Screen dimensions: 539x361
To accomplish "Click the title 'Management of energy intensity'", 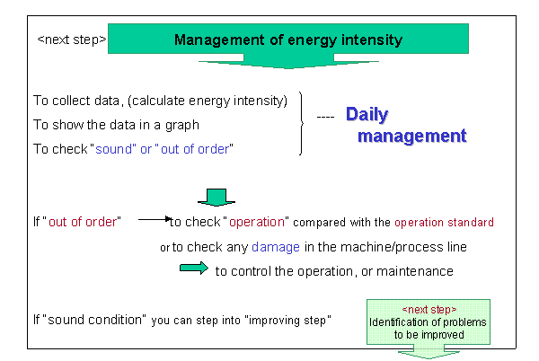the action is point(288,40).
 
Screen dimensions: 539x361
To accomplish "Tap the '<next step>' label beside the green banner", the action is point(72,40).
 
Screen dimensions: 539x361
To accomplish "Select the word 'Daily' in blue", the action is point(367,115).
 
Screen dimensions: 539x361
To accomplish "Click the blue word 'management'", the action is point(411,136).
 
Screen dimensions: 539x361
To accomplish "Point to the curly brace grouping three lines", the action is point(302,123).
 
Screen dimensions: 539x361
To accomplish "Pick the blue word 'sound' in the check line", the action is point(113,149).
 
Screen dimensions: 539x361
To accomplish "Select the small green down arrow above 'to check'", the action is point(216,198).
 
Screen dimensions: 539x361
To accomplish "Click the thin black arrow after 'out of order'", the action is point(155,219).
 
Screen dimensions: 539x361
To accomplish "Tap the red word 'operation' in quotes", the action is point(257,222).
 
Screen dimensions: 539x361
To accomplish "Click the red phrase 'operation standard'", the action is point(444,222).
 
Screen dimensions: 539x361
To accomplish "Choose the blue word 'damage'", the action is point(276,247).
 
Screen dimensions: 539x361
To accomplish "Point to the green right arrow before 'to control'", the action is point(194,268).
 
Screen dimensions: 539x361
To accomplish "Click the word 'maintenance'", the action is point(415,271).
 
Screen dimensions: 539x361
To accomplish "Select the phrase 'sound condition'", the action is point(94,320).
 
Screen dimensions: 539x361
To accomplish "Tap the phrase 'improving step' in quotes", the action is point(287,320).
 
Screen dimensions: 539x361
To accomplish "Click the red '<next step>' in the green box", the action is point(429,310).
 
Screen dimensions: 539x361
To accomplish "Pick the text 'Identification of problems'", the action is point(428,322).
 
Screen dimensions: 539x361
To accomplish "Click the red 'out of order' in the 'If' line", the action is point(83,222).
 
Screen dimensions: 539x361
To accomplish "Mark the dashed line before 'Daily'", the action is point(325,117).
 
